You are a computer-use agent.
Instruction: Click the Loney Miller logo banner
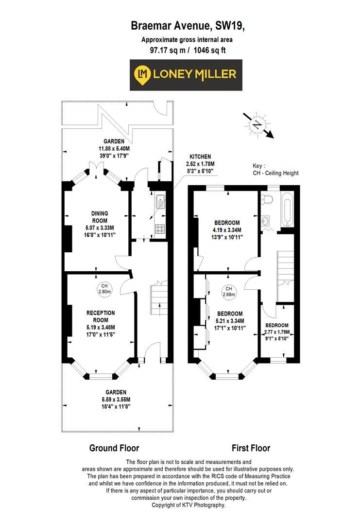point(186,75)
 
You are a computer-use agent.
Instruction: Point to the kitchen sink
point(160,199)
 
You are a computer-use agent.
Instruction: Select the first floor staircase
point(285,265)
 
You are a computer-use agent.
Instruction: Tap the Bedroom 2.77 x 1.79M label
point(277,329)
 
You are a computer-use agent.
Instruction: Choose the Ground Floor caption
point(114,448)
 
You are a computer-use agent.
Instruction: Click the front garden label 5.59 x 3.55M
point(117,399)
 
